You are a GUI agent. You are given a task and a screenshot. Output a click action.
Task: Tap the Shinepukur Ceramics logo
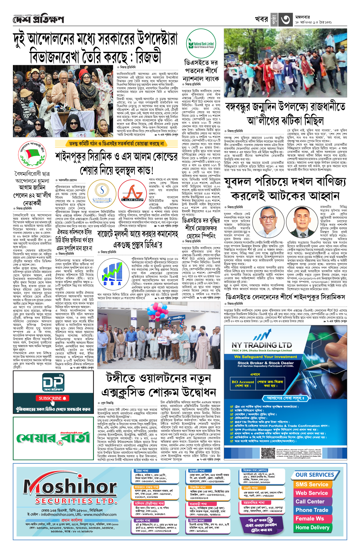tap(102, 192)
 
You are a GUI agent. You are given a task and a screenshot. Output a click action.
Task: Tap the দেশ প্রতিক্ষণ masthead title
tap(38, 20)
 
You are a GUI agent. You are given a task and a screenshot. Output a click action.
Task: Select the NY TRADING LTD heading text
tap(261, 345)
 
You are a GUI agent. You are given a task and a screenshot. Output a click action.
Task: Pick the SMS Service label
tap(312, 484)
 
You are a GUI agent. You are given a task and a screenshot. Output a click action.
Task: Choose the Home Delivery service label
tap(312, 527)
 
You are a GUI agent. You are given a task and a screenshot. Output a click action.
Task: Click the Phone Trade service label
tap(312, 510)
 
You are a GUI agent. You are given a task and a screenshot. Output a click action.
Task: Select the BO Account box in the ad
tap(243, 383)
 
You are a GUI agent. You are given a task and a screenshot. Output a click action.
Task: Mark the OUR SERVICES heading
tap(315, 475)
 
